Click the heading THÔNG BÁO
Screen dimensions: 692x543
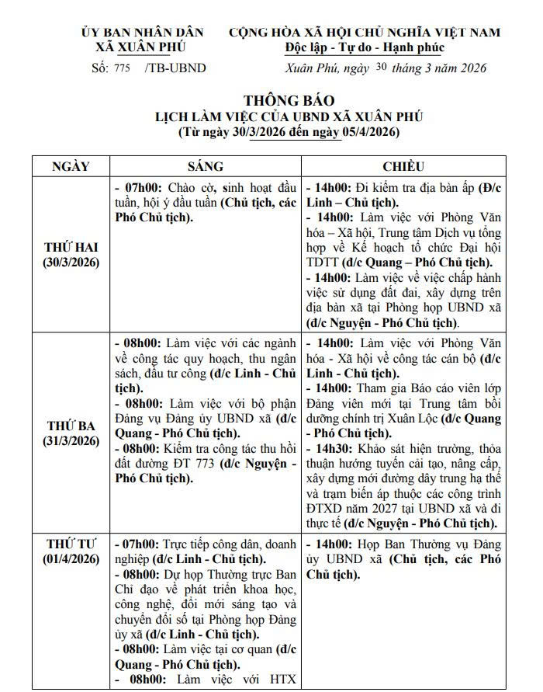point(289,101)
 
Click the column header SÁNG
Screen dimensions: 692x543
point(206,166)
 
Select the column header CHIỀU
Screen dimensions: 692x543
point(403,166)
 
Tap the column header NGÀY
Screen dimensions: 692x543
point(71,166)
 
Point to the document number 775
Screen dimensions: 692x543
point(122,68)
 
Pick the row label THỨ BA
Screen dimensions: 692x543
point(71,426)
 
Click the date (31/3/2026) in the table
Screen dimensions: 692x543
point(71,440)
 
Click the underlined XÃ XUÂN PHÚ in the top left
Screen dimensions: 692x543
point(142,47)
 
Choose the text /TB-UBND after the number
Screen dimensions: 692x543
point(175,68)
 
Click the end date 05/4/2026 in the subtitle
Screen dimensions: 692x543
point(367,132)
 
